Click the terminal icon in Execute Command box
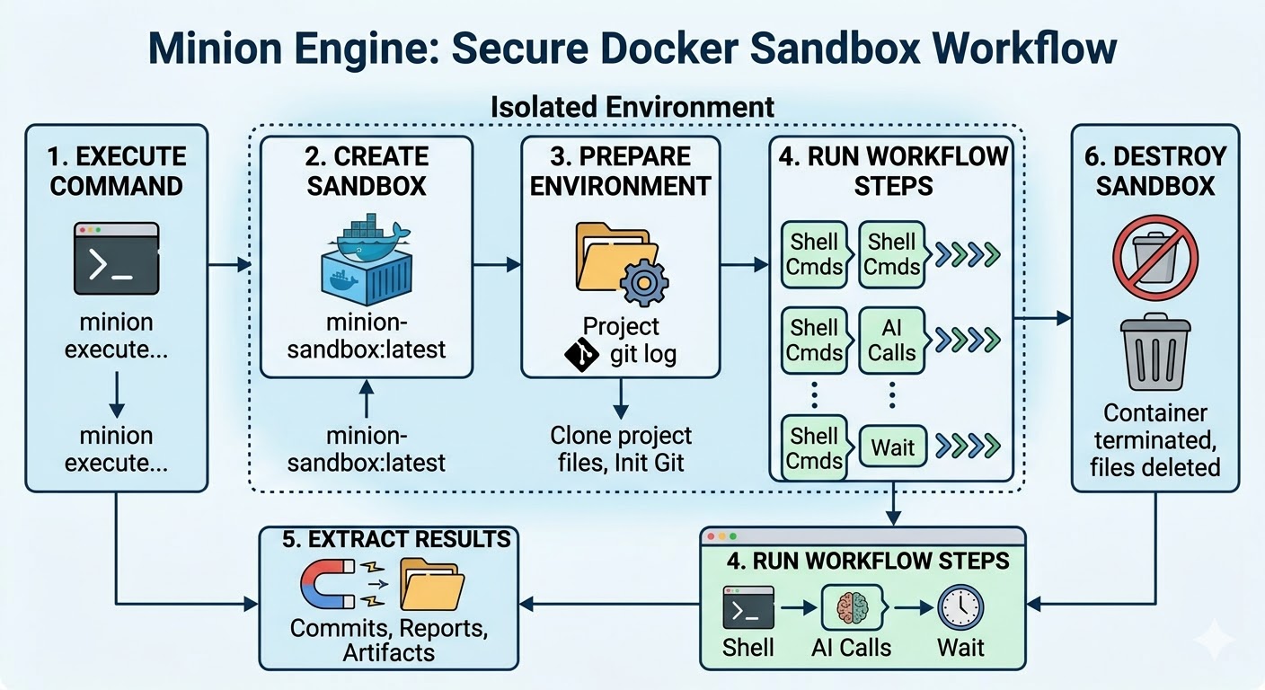117,259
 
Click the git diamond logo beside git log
581,356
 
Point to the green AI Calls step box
892,340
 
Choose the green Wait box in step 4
892,447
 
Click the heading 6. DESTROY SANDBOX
1154,171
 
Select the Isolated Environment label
632,106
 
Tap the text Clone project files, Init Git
621,449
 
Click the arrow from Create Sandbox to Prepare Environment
497,264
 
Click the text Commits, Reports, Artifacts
389,640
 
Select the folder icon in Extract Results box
432,584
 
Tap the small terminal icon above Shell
748,606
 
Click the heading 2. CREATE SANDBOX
367,171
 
